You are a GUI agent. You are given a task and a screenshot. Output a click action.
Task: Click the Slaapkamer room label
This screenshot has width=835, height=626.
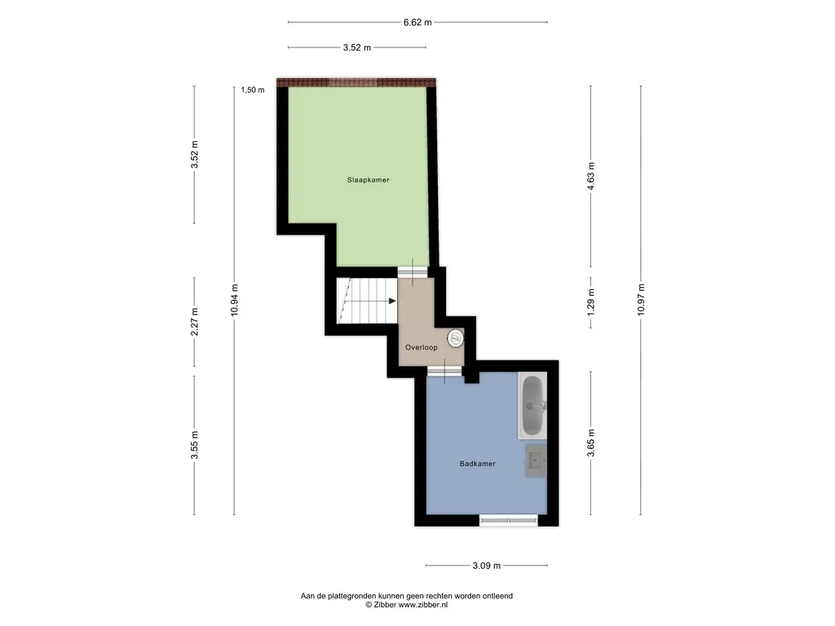(368, 180)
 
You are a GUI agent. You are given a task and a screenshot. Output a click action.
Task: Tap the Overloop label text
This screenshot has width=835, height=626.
(422, 347)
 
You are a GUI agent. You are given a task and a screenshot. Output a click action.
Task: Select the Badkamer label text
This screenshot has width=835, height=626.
(477, 464)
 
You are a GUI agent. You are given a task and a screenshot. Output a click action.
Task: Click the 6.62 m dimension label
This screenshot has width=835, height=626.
(417, 22)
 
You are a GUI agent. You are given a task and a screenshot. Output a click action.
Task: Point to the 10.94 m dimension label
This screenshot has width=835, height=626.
(234, 300)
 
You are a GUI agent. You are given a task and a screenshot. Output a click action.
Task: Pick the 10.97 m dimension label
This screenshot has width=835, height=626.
(641, 300)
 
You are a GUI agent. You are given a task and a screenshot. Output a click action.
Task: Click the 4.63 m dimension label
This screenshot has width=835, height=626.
(590, 176)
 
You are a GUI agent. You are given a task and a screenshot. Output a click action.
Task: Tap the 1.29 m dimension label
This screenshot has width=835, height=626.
(590, 302)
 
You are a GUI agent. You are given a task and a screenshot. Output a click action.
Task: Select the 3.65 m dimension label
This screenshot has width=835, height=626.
(590, 443)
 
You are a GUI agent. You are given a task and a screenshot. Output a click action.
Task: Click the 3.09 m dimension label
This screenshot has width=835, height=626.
(486, 566)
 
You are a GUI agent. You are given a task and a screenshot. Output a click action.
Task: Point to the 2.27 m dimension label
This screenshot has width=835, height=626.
(194, 322)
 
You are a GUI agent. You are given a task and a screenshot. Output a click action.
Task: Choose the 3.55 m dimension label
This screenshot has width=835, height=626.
(194, 445)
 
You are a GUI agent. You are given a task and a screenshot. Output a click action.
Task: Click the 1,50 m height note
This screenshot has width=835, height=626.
(253, 90)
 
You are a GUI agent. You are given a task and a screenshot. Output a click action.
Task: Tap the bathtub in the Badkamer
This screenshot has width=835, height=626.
(532, 405)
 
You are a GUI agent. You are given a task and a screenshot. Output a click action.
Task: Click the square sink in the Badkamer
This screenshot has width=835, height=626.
(536, 460)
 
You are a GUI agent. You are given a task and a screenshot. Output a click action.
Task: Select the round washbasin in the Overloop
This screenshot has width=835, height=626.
(455, 338)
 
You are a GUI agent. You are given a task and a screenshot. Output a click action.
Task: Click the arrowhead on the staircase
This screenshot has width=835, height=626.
(392, 302)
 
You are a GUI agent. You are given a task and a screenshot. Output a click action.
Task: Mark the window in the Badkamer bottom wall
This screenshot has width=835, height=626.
(509, 520)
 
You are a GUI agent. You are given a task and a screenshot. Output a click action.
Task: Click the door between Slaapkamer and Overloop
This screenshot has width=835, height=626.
(413, 271)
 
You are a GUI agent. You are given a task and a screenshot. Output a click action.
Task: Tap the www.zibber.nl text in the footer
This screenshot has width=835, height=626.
(423, 605)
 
